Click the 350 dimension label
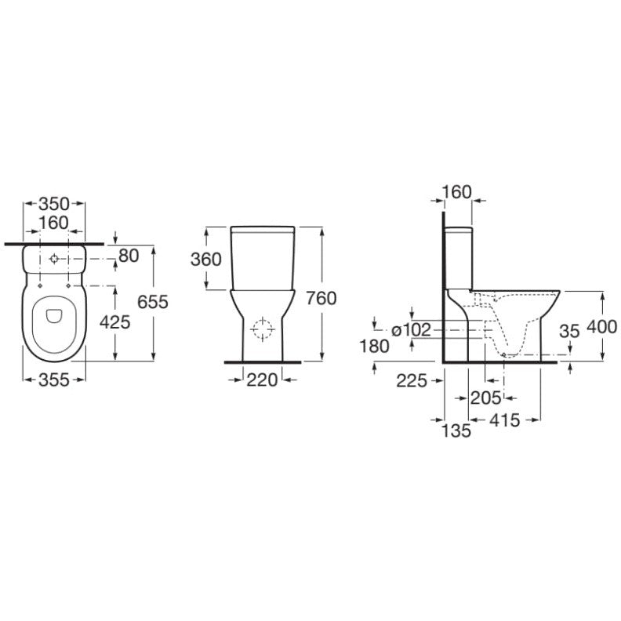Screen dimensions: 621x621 click(x=54, y=204)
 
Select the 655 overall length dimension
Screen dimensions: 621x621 click(x=153, y=302)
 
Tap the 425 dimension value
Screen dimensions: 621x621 click(x=114, y=322)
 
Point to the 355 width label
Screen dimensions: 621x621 click(x=54, y=379)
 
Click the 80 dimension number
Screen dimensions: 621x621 click(x=129, y=256)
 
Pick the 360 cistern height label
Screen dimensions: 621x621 click(x=206, y=260)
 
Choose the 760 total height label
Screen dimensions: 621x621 click(x=321, y=298)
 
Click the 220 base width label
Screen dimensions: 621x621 click(x=262, y=380)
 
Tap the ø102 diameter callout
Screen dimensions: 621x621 click(x=411, y=329)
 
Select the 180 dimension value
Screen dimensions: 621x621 click(x=374, y=347)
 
